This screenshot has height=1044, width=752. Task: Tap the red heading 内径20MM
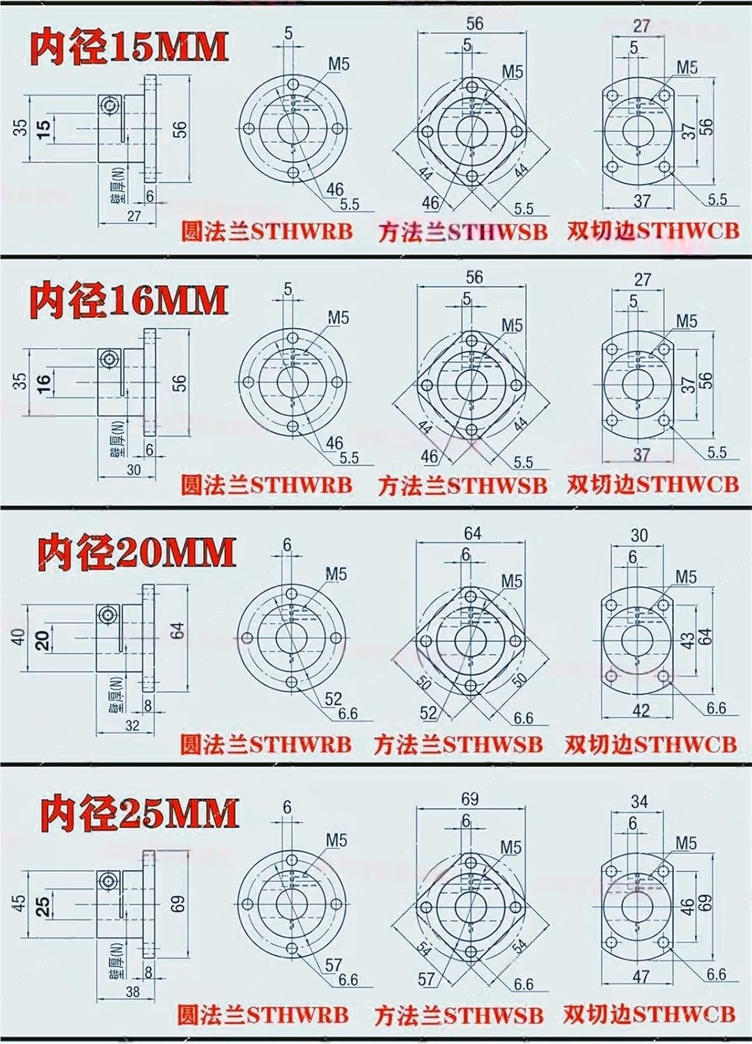(136, 553)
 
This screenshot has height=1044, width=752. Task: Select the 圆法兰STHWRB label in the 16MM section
(266, 484)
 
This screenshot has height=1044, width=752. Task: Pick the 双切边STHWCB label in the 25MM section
(649, 1013)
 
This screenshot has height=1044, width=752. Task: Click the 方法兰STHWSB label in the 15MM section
(462, 232)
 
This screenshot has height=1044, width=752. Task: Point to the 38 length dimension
(132, 991)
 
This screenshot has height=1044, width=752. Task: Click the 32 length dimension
(132, 725)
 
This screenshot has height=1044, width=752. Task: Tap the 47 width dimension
(641, 976)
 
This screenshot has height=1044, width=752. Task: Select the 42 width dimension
(641, 710)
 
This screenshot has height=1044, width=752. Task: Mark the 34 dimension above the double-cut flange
(639, 802)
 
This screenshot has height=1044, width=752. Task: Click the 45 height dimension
(19, 903)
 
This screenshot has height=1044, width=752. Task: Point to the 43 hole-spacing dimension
(687, 639)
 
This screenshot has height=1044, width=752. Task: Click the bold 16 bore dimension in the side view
(43, 383)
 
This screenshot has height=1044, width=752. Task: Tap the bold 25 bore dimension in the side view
(43, 905)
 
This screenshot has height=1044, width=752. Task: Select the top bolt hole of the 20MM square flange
(471, 596)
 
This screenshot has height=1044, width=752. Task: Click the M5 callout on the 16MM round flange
(338, 318)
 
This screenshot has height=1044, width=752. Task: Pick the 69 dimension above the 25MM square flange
(469, 798)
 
